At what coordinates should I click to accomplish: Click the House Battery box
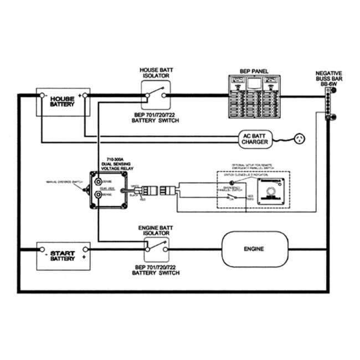[x=62, y=102]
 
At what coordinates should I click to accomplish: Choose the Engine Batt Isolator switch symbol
[x=156, y=250]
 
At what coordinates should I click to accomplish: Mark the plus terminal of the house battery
[x=80, y=95]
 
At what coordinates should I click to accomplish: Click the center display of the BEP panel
[x=255, y=85]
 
